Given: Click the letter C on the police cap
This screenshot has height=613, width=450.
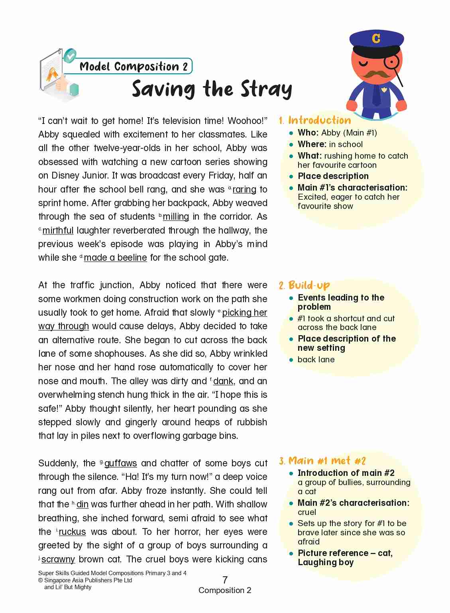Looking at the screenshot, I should tap(376, 38).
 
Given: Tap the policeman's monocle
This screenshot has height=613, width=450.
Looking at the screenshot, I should tap(392, 62).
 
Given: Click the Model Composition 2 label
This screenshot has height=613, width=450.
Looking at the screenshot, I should tap(133, 66).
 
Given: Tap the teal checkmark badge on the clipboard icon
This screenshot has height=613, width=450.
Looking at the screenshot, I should tap(70, 56).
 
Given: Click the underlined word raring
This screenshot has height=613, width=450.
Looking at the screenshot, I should tap(244, 189).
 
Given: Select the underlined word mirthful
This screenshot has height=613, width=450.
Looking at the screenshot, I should tap(58, 230).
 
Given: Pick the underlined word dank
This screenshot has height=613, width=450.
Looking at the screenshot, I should tap(223, 381).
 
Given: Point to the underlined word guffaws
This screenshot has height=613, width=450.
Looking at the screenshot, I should tap(120, 463).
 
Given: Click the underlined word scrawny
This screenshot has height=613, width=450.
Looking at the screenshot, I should tap(58, 559).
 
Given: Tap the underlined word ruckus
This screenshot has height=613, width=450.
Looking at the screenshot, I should tap(72, 532).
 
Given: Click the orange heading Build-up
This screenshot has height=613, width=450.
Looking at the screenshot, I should tap(309, 285).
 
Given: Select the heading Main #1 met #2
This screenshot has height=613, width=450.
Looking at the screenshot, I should tap(327, 461).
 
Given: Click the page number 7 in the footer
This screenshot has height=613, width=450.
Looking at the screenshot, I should tap(225, 580).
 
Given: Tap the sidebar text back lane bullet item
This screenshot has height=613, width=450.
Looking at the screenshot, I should tap(316, 360).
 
